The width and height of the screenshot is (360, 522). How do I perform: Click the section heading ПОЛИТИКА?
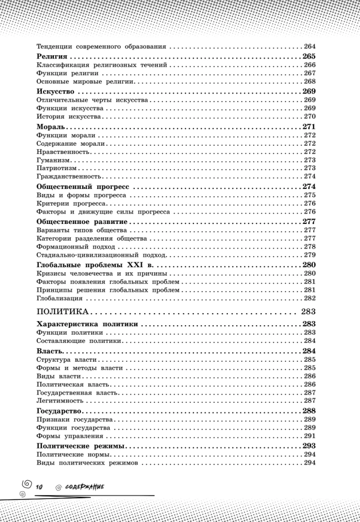click(62, 312)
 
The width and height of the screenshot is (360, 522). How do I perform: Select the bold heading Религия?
click(53, 56)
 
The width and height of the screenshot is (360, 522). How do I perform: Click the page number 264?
click(310, 46)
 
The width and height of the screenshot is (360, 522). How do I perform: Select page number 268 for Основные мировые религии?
click(310, 81)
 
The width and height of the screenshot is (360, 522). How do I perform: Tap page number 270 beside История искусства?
click(310, 116)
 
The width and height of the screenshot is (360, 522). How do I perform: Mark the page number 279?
click(310, 255)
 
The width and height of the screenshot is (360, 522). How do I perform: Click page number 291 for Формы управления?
click(310, 435)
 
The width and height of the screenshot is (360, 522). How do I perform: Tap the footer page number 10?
click(39, 487)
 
